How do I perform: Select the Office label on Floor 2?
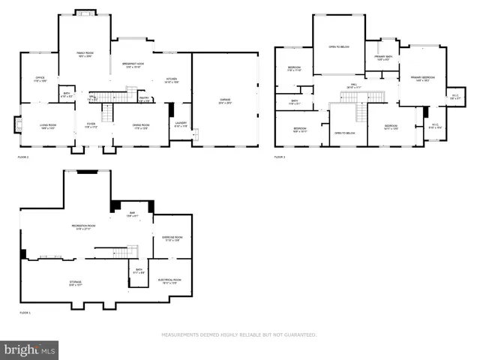point(40,79)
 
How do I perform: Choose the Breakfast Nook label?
point(133,65)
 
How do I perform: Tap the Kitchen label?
point(171,79)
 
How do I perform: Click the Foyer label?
point(90,126)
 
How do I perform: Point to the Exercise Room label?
point(171,238)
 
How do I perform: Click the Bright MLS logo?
point(30,349)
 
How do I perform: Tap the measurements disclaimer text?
point(239,334)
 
